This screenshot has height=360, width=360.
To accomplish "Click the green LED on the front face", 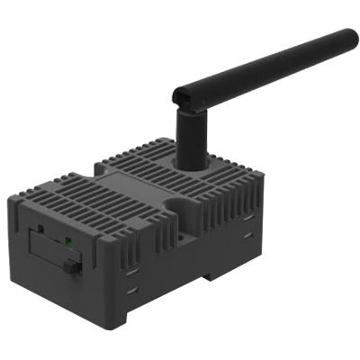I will point(67,241).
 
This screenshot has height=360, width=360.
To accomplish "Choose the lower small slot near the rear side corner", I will point(247,236).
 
